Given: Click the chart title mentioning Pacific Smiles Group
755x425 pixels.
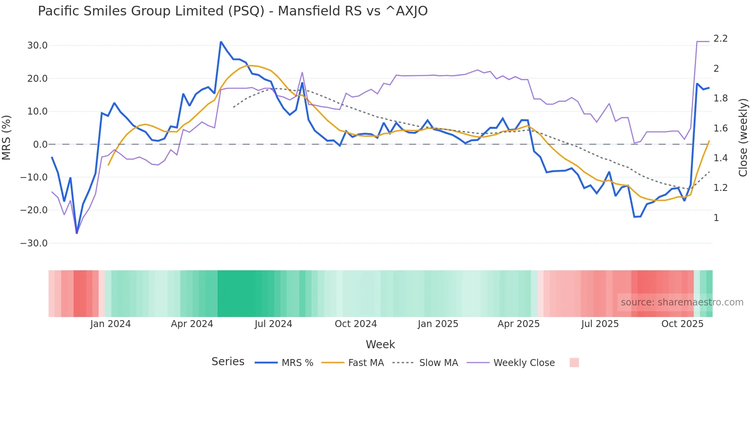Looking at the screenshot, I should point(233,11).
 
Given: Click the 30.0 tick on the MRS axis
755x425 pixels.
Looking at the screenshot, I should point(37,46).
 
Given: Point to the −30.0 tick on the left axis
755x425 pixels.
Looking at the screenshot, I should point(34,243).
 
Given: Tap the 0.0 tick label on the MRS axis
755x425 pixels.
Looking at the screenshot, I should point(40,145).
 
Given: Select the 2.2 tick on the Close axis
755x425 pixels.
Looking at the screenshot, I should point(720,39).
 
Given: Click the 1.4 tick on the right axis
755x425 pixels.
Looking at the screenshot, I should point(720,158).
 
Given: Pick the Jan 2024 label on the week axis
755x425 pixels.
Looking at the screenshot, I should point(111,324).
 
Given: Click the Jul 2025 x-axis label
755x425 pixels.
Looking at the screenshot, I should point(600,324).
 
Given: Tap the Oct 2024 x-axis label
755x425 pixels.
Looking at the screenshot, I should point(356,324).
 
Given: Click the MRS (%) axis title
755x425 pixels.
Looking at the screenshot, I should point(7,137).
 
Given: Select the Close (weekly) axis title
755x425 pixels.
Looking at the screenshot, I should point(743,137).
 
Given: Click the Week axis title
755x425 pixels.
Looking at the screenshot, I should point(380,344).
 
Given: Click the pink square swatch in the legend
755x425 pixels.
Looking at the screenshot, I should point(574,363).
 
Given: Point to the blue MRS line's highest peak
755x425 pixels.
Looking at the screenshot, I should point(221,42).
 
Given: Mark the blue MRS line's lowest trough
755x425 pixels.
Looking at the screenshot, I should point(77,233).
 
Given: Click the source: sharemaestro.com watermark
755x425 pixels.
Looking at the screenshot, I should point(682,302).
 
